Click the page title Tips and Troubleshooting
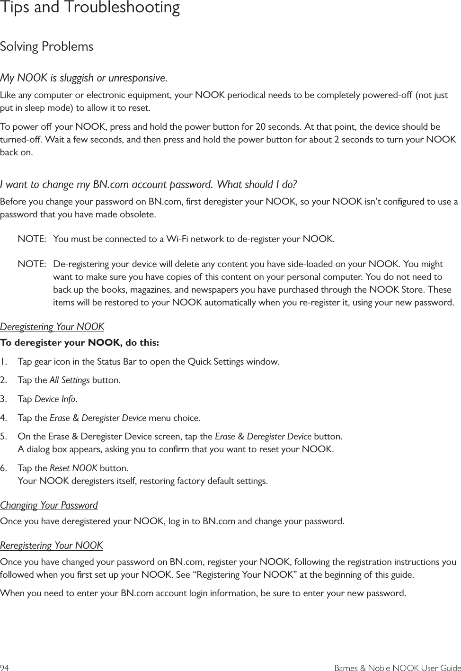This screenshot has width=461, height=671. click(x=90, y=8)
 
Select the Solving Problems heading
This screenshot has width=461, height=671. click(x=47, y=46)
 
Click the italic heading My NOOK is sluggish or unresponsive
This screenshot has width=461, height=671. click(x=84, y=77)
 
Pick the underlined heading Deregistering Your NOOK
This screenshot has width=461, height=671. click(x=52, y=327)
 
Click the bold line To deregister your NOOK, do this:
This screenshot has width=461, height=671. click(x=80, y=342)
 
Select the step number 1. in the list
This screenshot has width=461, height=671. click(x=4, y=362)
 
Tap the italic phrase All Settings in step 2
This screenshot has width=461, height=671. click(x=70, y=380)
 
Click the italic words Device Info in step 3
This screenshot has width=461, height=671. click(x=55, y=399)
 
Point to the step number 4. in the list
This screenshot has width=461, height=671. click(x=4, y=418)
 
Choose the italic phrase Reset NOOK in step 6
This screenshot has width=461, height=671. click(x=73, y=468)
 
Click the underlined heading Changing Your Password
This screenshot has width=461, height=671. click(x=49, y=505)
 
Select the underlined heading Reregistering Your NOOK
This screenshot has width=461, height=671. click(x=51, y=546)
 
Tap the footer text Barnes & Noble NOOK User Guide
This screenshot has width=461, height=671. click(x=398, y=668)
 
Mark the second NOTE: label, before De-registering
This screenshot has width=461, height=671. click(x=32, y=264)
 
